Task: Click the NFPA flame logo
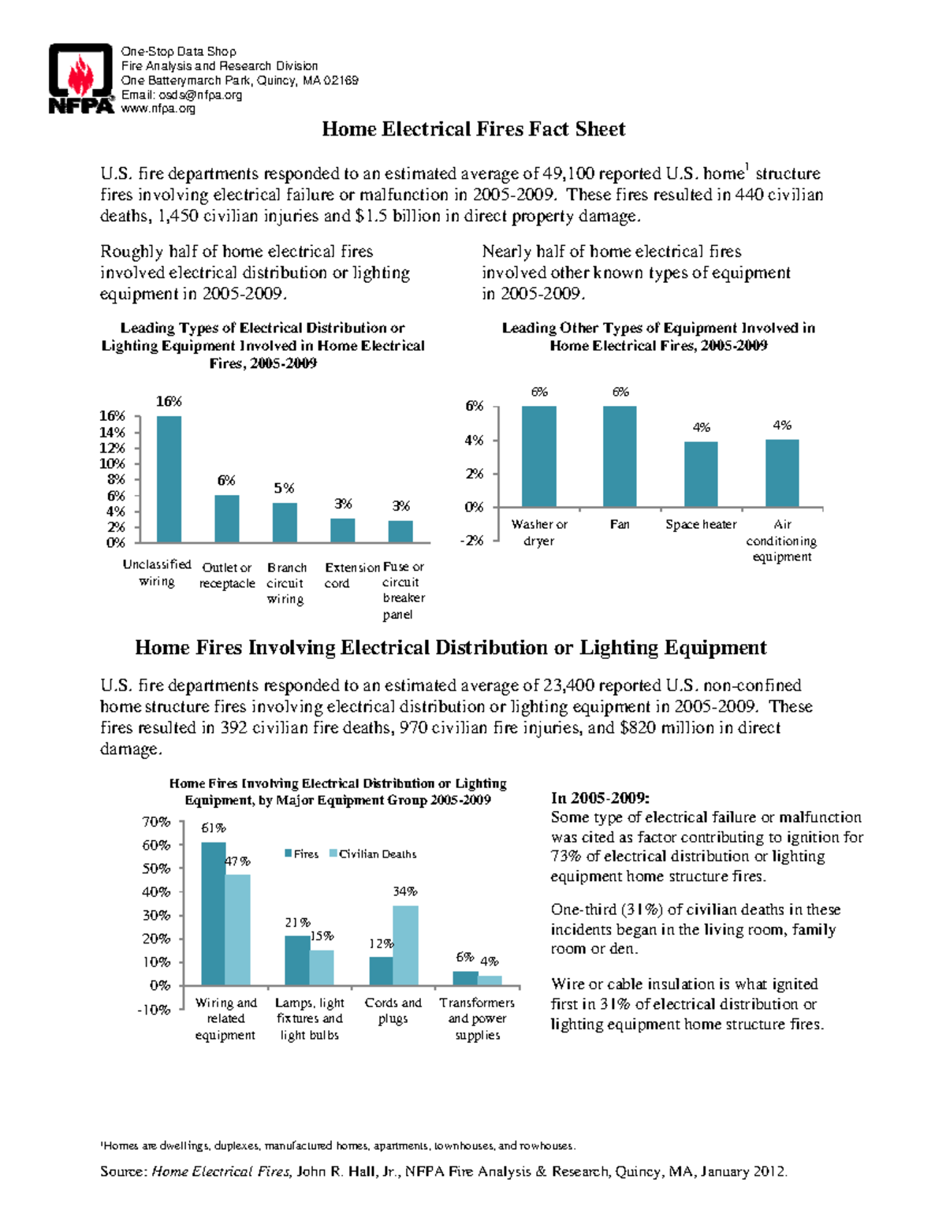click(81, 79)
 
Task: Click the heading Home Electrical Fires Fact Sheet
click(473, 129)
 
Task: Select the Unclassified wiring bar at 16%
click(169, 478)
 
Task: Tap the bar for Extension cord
click(342, 530)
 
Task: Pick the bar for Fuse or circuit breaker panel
click(400, 531)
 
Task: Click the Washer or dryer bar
click(539, 456)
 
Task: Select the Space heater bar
click(701, 474)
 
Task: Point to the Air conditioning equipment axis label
click(781, 541)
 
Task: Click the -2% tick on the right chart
click(472, 541)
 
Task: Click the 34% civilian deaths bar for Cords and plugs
click(405, 945)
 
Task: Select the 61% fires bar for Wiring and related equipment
click(214, 913)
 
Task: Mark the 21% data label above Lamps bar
click(297, 922)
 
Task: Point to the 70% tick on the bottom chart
click(156, 822)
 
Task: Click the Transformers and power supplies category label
click(477, 1018)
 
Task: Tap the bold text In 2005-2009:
click(600, 798)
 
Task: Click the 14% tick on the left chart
click(112, 432)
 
